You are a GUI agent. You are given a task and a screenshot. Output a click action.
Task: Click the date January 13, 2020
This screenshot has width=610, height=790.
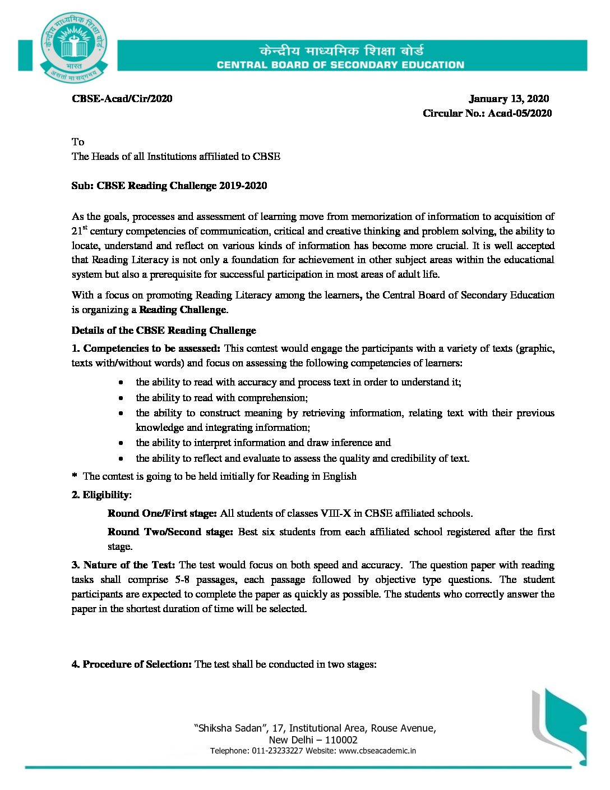[509, 99]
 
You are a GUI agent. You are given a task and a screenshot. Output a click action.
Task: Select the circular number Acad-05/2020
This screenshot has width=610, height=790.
[520, 113]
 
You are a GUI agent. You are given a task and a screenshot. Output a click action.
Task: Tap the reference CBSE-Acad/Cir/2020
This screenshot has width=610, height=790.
[122, 99]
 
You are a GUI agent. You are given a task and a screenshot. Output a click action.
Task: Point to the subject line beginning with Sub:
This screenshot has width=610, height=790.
[169, 186]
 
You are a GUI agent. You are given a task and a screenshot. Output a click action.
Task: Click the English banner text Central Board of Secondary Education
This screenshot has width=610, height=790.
[340, 65]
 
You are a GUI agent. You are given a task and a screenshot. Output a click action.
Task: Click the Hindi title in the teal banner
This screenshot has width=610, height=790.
[341, 50]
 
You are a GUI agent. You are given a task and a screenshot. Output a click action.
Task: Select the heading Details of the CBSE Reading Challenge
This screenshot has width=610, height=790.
[164, 330]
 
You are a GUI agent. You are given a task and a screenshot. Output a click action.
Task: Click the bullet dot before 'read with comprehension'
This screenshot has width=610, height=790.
[121, 398]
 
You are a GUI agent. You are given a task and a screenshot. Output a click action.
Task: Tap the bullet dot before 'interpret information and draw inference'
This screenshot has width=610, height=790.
[121, 443]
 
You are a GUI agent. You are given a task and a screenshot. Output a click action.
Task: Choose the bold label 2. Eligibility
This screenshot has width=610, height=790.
[101, 495]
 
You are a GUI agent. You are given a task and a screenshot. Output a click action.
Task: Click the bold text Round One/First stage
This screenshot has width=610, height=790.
[162, 513]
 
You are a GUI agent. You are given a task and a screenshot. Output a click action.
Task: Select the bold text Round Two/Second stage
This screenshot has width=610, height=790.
[170, 532]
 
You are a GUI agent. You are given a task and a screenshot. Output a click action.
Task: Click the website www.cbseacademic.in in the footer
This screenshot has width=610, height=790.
[377, 751]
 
